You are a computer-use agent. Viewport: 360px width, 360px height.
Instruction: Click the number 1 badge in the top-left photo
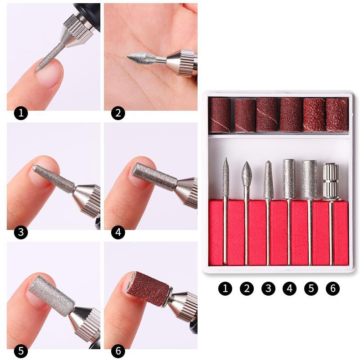click(21, 112)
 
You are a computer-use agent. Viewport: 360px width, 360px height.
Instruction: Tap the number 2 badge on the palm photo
click(118, 112)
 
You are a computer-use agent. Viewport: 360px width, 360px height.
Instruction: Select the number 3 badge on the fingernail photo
click(21, 233)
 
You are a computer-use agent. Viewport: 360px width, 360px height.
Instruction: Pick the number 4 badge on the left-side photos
click(118, 233)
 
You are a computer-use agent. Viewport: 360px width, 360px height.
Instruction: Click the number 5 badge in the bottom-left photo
click(21, 351)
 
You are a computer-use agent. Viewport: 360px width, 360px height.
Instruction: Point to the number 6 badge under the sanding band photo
click(118, 351)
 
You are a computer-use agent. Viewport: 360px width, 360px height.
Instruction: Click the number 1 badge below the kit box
click(225, 288)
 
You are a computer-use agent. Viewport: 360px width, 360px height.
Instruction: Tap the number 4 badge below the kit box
click(289, 288)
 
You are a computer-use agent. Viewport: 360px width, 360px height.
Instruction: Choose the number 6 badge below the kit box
click(333, 288)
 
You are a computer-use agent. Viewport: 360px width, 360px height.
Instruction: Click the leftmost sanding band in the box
click(220, 115)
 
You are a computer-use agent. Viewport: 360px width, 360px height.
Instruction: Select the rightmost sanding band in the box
click(337, 114)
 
